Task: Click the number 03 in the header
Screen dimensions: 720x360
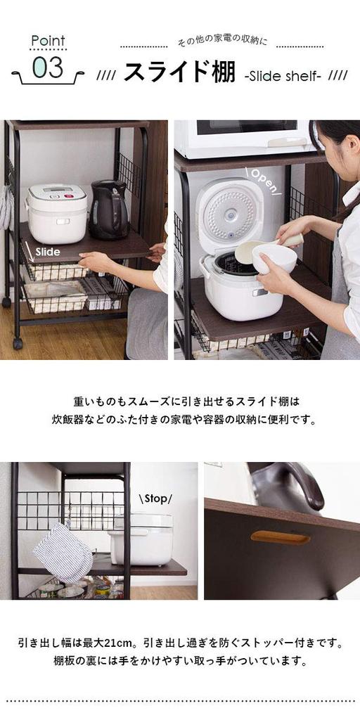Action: (48, 68)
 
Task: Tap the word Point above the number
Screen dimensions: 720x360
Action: (48, 41)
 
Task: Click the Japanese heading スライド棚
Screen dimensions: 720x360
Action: (179, 73)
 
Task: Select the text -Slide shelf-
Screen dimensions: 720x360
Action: (283, 75)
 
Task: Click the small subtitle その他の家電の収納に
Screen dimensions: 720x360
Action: (221, 43)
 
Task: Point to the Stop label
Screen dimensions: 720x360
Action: (155, 499)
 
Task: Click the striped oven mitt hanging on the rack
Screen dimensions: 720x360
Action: (63, 551)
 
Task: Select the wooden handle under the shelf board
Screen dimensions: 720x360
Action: (280, 538)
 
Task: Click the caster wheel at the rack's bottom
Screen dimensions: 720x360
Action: (17, 344)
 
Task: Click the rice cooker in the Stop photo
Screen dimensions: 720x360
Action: (141, 538)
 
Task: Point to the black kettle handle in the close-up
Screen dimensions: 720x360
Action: (295, 485)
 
